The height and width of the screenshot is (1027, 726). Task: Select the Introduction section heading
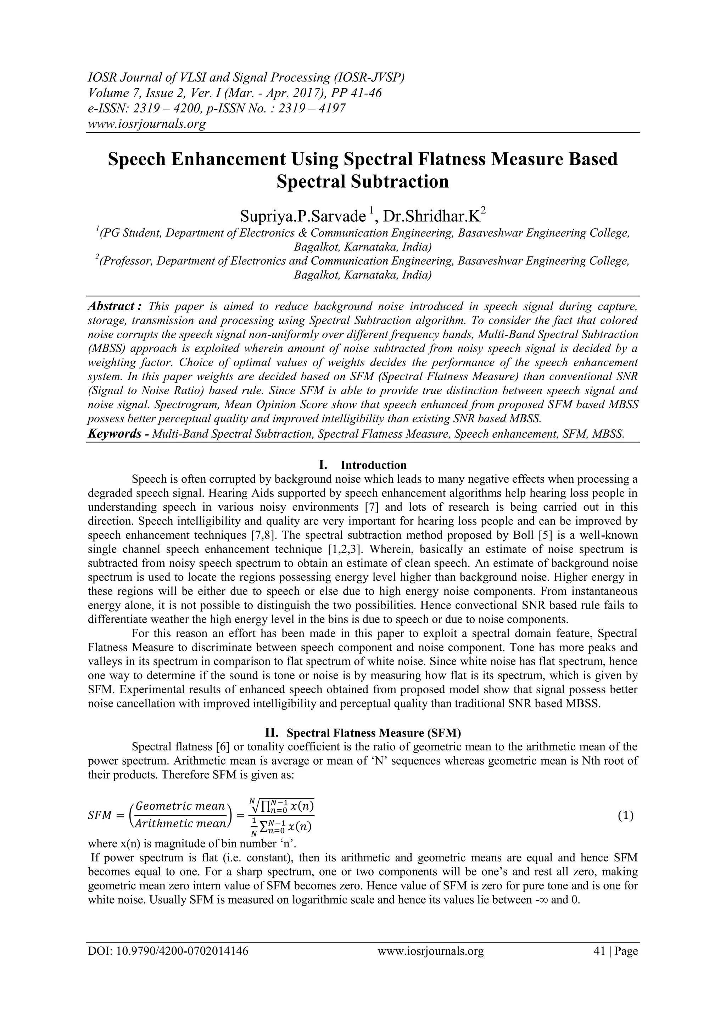point(373,465)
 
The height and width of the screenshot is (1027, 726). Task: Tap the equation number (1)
point(625,815)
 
